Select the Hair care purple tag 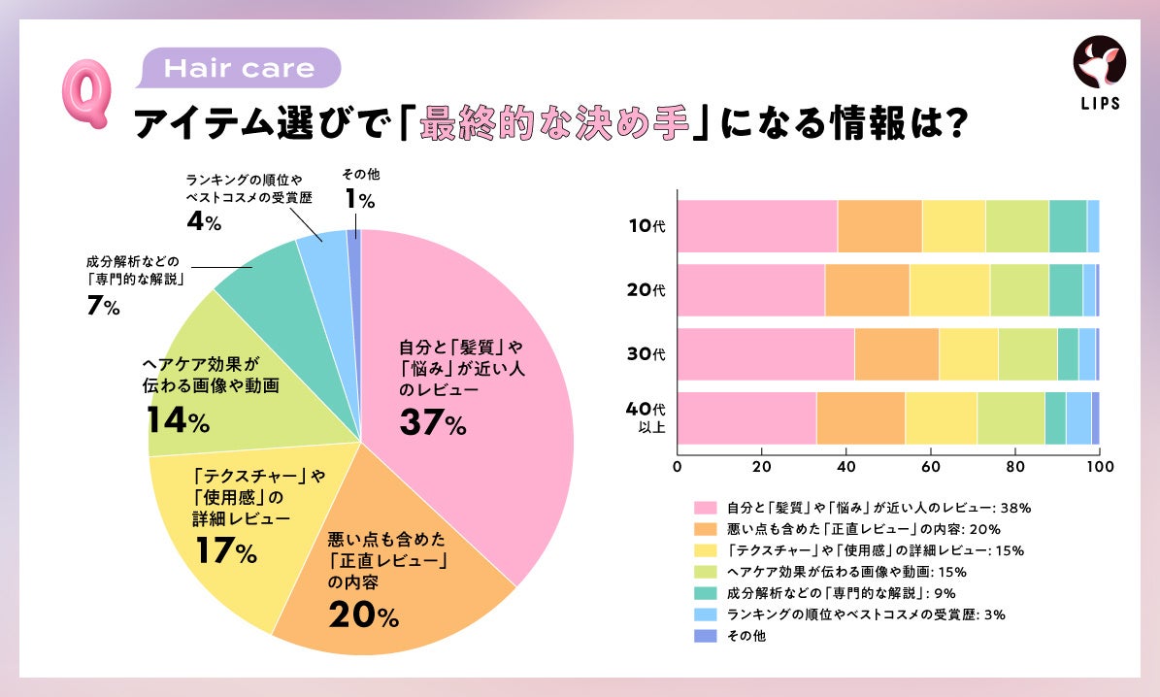pos(241,69)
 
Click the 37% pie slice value pos(432,422)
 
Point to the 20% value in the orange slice pos(363,614)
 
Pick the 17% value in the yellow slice pos(224,552)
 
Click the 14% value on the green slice pos(178,420)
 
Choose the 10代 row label pos(646,226)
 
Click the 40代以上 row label pos(646,417)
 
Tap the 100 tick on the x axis pos(1099,466)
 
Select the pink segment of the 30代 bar pos(766,354)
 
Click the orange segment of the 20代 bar pos(867,290)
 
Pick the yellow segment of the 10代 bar pos(953,226)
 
